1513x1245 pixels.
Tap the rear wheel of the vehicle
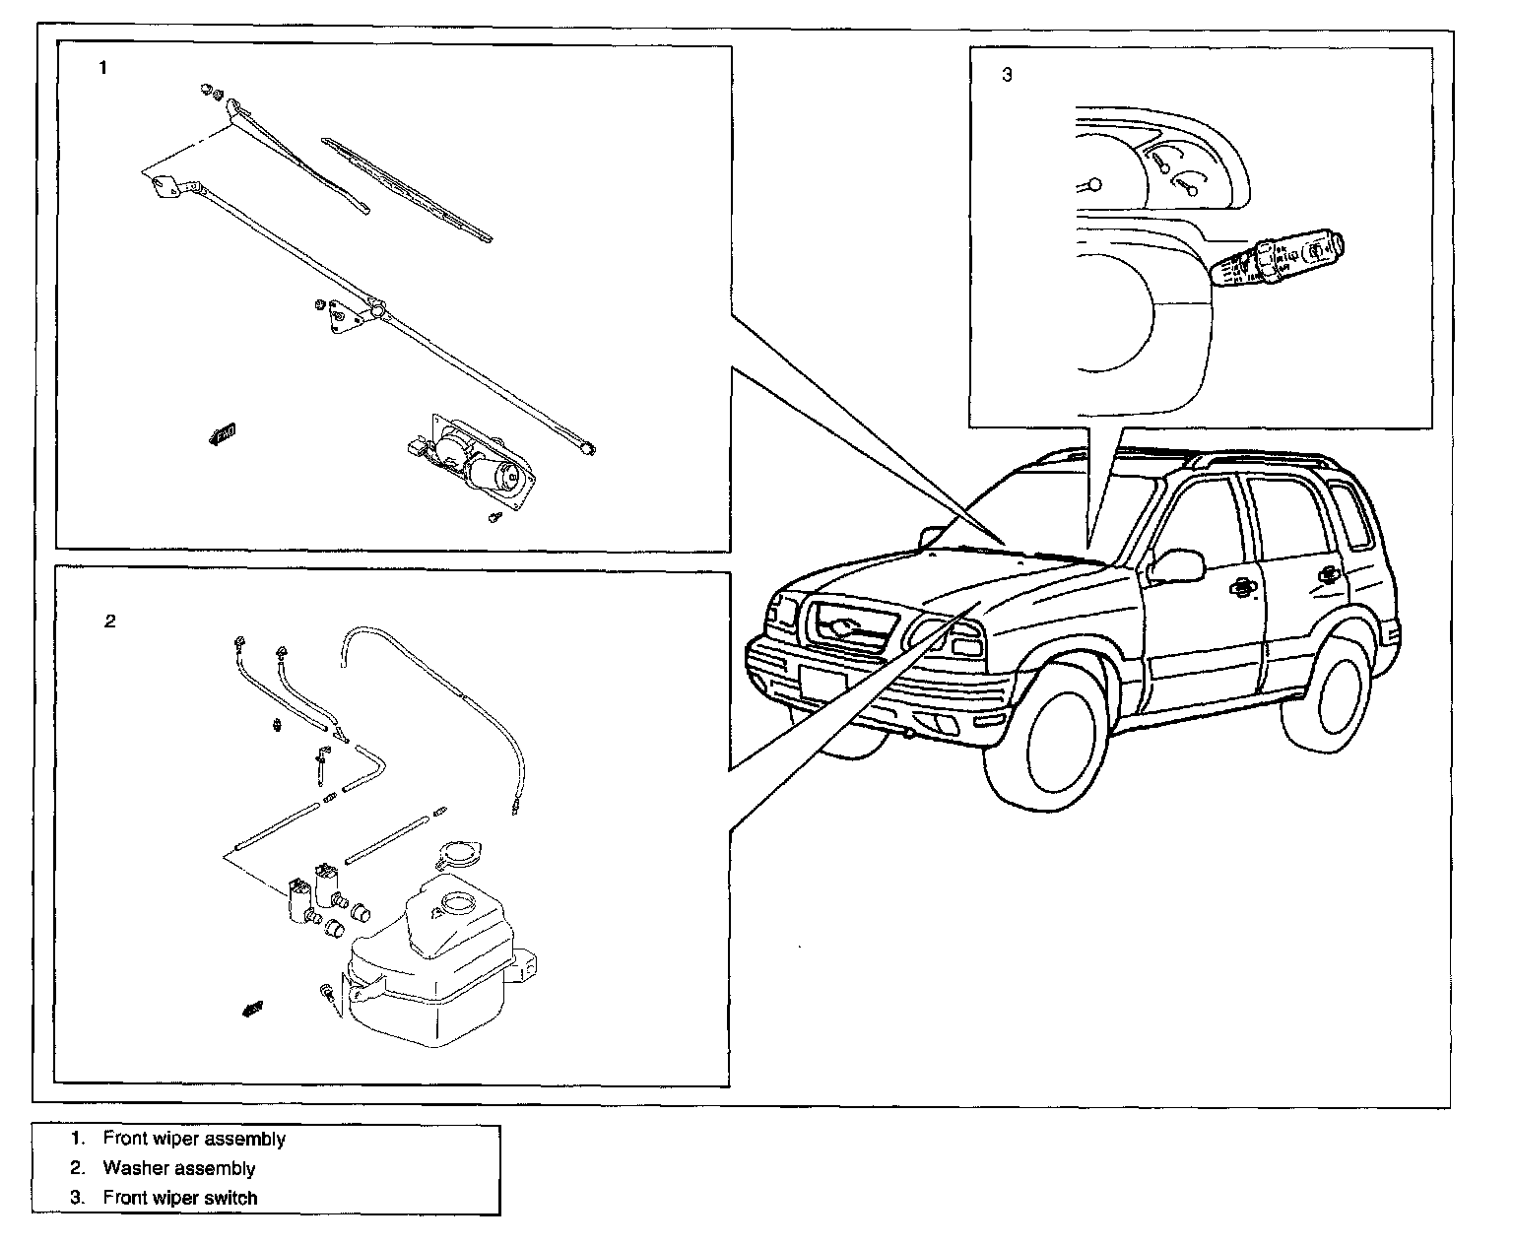1329,693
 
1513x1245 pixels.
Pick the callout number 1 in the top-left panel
103,68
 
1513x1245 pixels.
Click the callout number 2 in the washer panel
110,621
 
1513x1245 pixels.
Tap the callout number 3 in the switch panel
1006,75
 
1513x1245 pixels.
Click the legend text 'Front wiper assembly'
194,1139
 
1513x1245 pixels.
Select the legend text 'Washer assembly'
178,1168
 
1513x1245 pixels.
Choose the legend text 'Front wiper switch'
180,1198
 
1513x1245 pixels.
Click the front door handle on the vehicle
1243,588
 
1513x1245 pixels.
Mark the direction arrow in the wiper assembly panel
223,433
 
